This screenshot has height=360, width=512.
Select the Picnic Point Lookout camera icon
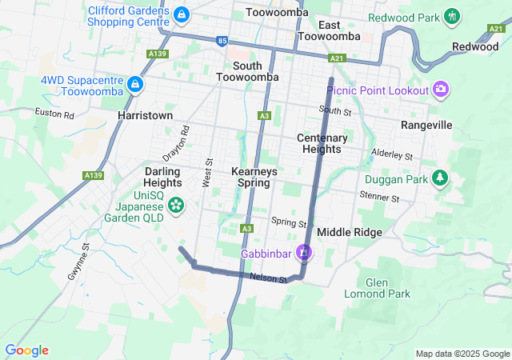point(440,89)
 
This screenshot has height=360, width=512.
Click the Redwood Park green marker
point(453,16)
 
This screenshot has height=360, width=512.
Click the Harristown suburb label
point(145,115)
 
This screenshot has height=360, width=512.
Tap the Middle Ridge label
point(350,232)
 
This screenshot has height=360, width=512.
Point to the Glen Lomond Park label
point(387,288)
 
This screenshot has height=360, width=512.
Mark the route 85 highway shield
point(222,39)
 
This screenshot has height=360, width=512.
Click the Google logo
point(26,350)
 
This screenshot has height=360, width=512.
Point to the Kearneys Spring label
point(254,177)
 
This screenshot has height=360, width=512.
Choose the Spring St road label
point(289,221)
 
